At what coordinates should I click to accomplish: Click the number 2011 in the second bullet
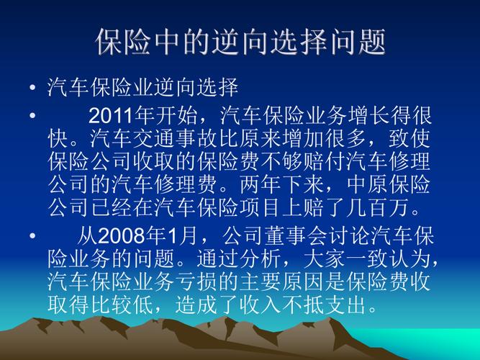click(111, 116)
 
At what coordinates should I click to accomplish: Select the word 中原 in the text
click(367, 185)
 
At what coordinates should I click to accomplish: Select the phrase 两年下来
click(282, 185)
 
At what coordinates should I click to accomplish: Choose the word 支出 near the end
click(346, 304)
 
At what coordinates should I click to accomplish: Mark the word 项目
click(261, 208)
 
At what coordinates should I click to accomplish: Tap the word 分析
click(261, 258)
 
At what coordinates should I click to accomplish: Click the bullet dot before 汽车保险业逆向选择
click(32, 88)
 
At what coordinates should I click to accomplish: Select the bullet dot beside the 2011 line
click(32, 116)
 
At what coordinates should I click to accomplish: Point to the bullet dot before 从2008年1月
click(32, 235)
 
